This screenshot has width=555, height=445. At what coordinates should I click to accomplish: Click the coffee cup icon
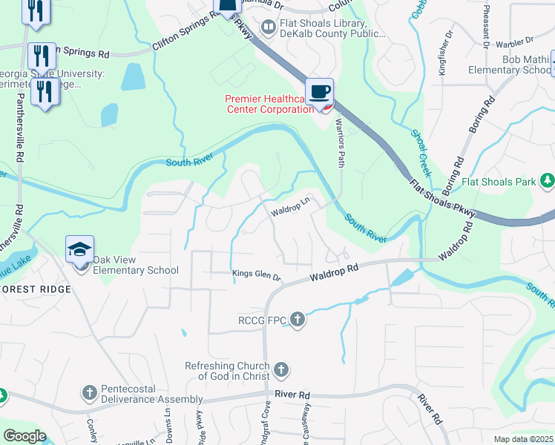(x=319, y=93)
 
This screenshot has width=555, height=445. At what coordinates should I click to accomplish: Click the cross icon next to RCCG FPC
(x=298, y=320)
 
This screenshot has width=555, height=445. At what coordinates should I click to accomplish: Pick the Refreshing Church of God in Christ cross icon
(x=280, y=369)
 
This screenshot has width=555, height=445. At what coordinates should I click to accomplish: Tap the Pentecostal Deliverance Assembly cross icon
(x=89, y=392)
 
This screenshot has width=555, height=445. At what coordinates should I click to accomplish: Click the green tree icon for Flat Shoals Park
(x=547, y=180)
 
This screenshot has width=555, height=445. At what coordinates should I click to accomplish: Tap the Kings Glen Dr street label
(x=257, y=276)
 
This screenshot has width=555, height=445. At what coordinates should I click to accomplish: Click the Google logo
(x=24, y=436)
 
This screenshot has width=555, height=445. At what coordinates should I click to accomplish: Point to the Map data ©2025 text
(x=522, y=439)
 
